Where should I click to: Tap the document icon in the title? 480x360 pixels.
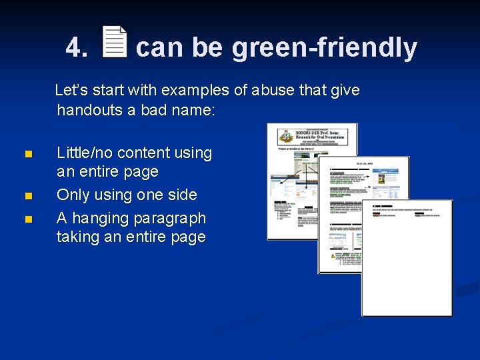[115, 42]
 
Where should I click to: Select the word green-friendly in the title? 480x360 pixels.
[324, 48]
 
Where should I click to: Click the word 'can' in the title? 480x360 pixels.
[159, 48]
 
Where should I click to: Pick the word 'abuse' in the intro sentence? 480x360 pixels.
[272, 90]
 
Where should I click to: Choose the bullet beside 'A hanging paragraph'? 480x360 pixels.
[27, 219]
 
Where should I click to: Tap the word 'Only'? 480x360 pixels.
[72, 195]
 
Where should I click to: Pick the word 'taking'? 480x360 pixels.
[78, 237]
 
